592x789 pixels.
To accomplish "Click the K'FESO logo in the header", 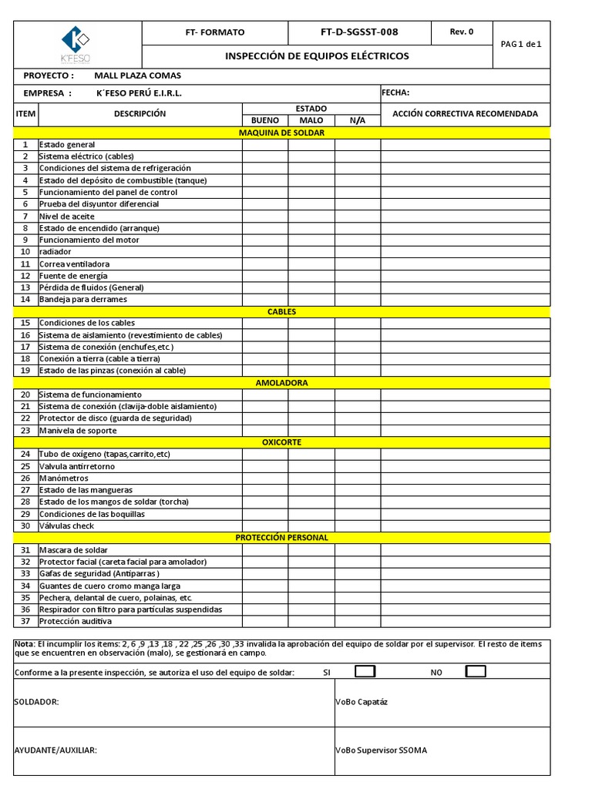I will click(76, 45).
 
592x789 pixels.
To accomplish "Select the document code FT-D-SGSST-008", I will click(359, 32).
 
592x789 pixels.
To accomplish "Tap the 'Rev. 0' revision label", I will click(461, 32).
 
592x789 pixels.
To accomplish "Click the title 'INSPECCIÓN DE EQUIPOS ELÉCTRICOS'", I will click(317, 56).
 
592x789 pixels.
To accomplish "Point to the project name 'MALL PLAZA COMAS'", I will click(137, 76).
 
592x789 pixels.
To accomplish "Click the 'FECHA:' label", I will click(395, 92).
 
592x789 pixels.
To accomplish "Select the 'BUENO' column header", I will click(265, 121).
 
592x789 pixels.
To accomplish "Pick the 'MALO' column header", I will click(311, 121).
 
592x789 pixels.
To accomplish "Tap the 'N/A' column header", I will click(358, 121).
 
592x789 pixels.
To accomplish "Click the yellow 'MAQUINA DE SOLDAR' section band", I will click(282, 133).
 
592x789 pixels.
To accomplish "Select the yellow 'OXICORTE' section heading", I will click(282, 442).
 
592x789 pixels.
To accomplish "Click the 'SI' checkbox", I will click(365, 672).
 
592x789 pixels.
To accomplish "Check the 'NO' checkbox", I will click(476, 672).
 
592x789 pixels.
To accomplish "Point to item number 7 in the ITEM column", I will click(25, 216).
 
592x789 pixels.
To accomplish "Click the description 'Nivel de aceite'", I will click(67, 216).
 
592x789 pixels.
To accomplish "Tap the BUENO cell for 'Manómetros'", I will click(265, 478).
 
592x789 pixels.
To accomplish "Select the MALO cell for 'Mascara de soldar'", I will click(311, 550).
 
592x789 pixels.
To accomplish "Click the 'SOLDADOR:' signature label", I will click(37, 702).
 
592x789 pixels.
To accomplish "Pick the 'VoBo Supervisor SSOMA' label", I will click(381, 750).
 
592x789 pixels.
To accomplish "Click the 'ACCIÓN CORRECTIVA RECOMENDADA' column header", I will click(465, 114).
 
